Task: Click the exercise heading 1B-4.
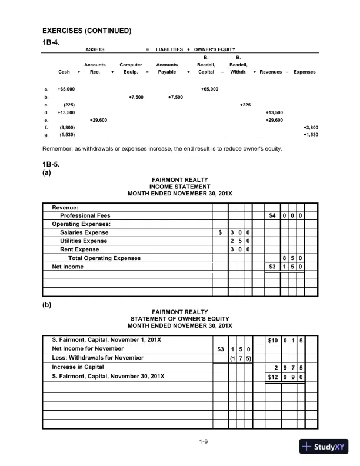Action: pyautogui.click(x=52, y=41)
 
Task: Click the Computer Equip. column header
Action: pyautogui.click(x=130, y=68)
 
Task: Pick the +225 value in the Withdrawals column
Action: pyautogui.click(x=245, y=104)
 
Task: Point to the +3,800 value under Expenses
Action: pyautogui.click(x=310, y=127)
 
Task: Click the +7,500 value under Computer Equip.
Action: pyautogui.click(x=135, y=96)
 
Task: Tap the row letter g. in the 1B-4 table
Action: pyautogui.click(x=46, y=134)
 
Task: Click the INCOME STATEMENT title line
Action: pyautogui.click(x=180, y=187)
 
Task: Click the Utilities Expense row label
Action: pyautogui.click(x=84, y=241)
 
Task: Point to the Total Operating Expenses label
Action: pyautogui.click(x=104, y=258)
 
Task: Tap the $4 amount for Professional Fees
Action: pyautogui.click(x=272, y=215)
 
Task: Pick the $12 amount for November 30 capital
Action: pyautogui.click(x=272, y=375)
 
